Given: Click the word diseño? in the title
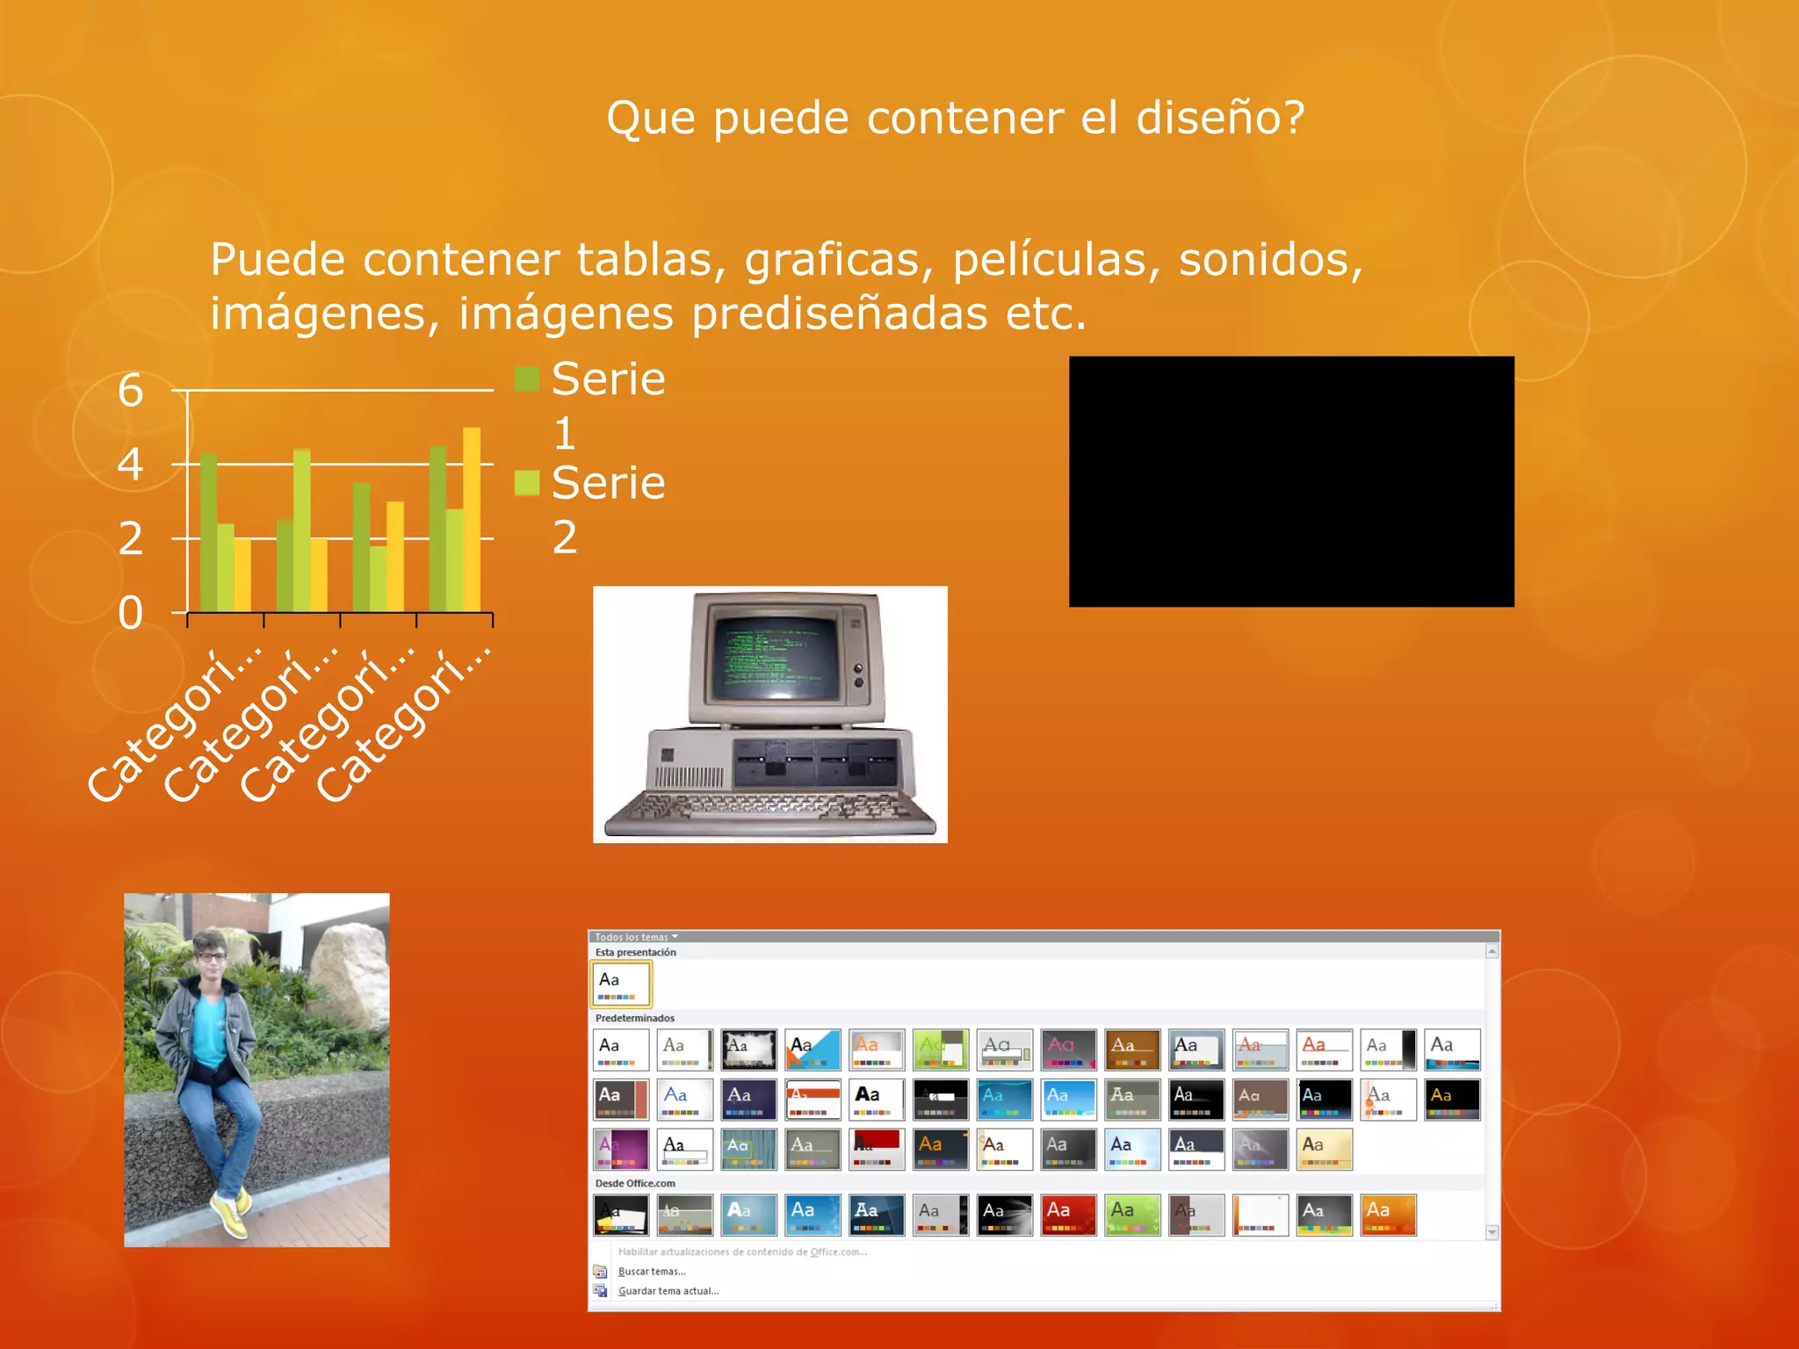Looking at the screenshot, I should tap(1220, 118).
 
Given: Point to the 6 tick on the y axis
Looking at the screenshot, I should tap(131, 390).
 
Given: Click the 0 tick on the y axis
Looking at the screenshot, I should tap(131, 613).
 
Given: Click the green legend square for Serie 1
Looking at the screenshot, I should tap(527, 379).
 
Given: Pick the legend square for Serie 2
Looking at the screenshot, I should tap(527, 483).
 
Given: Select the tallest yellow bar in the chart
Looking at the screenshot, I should tap(472, 518).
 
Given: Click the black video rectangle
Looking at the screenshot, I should tap(1291, 481).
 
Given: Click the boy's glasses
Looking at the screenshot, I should tap(211, 956).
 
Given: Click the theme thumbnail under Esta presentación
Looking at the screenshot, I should tap(621, 984).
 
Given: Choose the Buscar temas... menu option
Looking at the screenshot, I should tap(652, 1272).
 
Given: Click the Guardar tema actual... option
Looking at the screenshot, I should tap(668, 1291).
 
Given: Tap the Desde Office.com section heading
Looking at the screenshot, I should tap(635, 1183).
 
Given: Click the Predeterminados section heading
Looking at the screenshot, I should tap(635, 1018).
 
